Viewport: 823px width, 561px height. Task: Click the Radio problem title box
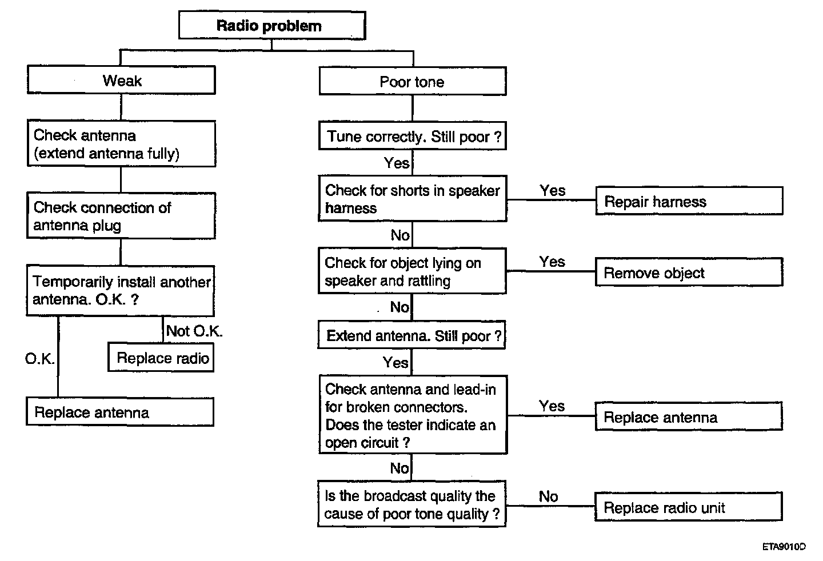(272, 25)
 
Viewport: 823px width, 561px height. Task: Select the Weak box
(121, 80)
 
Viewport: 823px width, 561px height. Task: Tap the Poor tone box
(413, 81)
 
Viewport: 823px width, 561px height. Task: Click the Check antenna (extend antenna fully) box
(121, 143)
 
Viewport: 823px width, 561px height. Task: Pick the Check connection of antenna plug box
(121, 216)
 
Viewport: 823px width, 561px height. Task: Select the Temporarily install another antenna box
(121, 291)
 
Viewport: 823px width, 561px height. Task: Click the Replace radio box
(161, 358)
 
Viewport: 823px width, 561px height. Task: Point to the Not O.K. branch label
(194, 331)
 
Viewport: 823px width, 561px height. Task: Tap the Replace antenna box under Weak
(120, 412)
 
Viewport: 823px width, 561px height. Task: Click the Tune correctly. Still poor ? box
(413, 136)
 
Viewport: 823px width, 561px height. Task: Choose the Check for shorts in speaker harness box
(413, 199)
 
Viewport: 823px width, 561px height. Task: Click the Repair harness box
(689, 201)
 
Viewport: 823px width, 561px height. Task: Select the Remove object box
(689, 272)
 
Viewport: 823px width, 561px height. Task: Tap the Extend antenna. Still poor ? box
(411, 335)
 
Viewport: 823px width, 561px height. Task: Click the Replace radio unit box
(689, 507)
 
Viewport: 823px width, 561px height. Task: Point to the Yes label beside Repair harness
(552, 190)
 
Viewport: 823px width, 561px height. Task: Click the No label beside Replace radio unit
(548, 496)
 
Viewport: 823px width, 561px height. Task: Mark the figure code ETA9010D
(784, 547)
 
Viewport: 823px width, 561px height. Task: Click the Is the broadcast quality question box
(411, 504)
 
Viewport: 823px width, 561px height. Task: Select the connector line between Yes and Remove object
(551, 271)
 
